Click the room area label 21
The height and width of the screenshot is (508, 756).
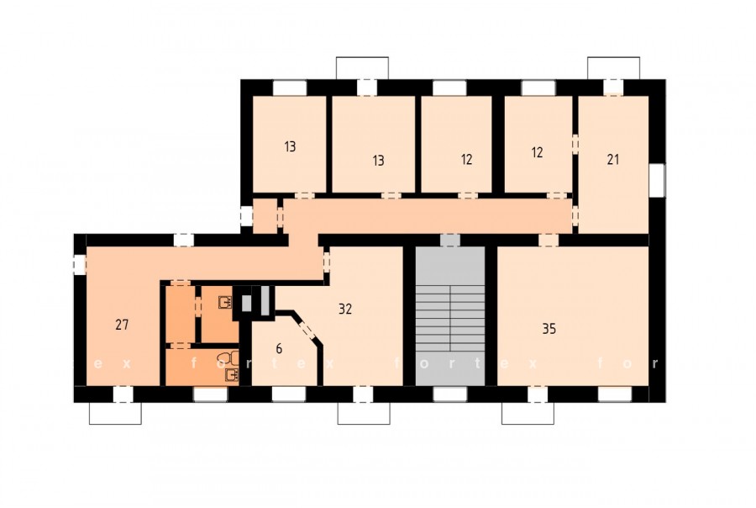[613, 159]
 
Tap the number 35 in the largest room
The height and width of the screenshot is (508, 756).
[549, 329]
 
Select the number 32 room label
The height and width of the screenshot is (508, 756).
[345, 309]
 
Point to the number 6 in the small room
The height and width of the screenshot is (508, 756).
[279, 348]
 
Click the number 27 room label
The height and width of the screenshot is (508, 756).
[122, 325]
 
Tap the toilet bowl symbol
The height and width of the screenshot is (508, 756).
[228, 357]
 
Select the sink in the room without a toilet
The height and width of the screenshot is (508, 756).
[225, 302]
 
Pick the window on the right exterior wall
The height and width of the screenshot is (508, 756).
[657, 180]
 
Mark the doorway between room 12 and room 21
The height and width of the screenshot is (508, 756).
[575, 145]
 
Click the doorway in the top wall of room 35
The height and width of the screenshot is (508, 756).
[549, 240]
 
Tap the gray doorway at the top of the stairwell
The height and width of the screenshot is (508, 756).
[450, 240]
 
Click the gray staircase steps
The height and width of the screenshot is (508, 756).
[450, 318]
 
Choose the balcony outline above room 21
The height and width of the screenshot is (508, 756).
[614, 68]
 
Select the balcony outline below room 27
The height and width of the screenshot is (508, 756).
[115, 413]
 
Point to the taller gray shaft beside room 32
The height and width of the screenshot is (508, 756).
[265, 301]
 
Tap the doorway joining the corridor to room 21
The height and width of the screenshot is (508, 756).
[575, 214]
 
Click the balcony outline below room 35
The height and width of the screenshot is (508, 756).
[528, 413]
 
